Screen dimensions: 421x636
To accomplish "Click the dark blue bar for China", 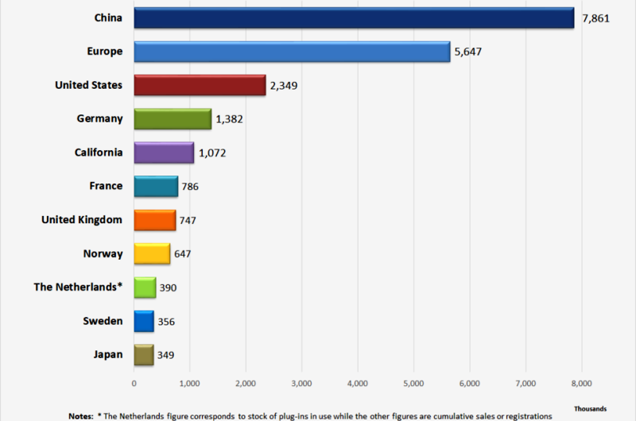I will point(354,18).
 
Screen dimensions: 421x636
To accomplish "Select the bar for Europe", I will point(292,52).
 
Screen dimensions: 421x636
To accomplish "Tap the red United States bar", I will point(200,85).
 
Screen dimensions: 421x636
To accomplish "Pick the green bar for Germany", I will point(173,119).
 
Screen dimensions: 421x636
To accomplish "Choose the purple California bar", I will point(164,153).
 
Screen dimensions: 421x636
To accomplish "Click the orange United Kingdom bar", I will point(154,220).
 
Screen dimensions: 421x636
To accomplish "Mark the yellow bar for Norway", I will point(152,254).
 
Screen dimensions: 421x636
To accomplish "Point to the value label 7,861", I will point(595,18).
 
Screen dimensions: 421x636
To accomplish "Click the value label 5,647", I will point(468,52).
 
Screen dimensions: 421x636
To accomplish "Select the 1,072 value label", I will point(212,153).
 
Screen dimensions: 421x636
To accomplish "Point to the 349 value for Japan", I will point(165,355).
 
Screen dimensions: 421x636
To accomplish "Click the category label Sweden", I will point(103,321).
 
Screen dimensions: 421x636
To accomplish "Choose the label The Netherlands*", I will point(78,287).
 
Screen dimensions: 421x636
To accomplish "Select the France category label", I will point(106,186).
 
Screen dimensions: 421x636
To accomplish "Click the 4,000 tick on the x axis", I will point(358,384).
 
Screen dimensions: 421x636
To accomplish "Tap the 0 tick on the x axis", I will point(134,384).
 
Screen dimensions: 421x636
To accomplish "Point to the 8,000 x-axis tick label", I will point(581,384).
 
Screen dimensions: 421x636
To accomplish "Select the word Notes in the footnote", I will point(81,415).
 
